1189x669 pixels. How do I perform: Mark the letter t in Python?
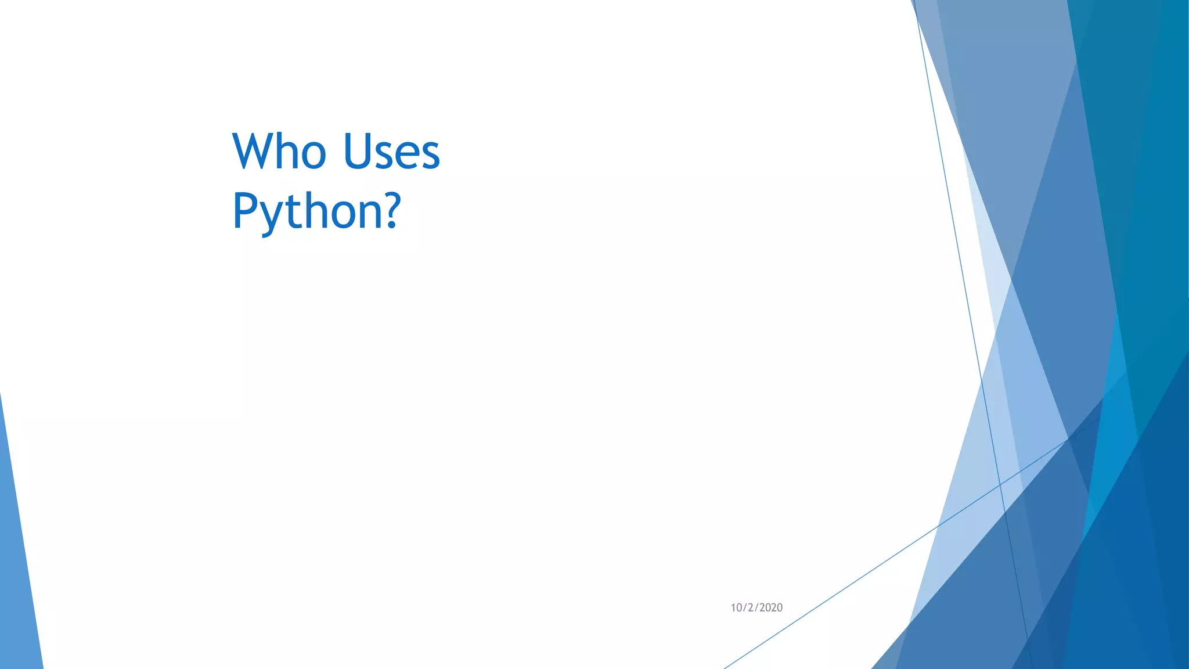coord(296,210)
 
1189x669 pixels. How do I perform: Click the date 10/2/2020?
coord(756,607)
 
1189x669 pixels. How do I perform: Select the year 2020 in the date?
coord(770,607)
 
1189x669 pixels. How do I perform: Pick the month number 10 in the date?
coord(736,607)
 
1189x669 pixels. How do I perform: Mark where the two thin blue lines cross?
coord(1000,484)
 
